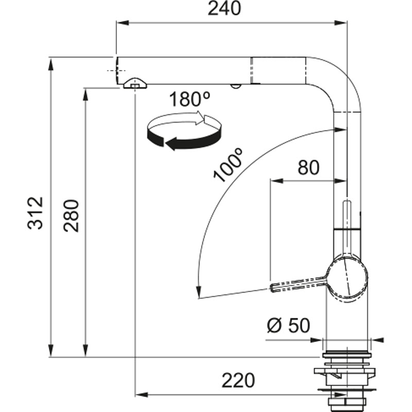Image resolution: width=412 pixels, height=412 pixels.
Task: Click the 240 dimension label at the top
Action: (x=224, y=9)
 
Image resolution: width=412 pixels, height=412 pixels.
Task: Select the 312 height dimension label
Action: (x=35, y=212)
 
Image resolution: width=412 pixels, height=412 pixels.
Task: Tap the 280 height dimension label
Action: (x=73, y=215)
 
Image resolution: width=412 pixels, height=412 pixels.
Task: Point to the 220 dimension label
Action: (x=238, y=381)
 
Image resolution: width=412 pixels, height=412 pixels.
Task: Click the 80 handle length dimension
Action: (x=308, y=167)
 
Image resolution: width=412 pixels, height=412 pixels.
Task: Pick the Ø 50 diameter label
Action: (x=288, y=325)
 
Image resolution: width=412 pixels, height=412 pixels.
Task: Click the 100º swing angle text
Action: (x=228, y=166)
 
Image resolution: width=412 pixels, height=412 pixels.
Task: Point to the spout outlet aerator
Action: (x=134, y=83)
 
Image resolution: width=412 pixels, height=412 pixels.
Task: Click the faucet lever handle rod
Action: (x=298, y=284)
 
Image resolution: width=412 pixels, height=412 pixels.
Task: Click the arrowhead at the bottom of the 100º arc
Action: (x=198, y=292)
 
